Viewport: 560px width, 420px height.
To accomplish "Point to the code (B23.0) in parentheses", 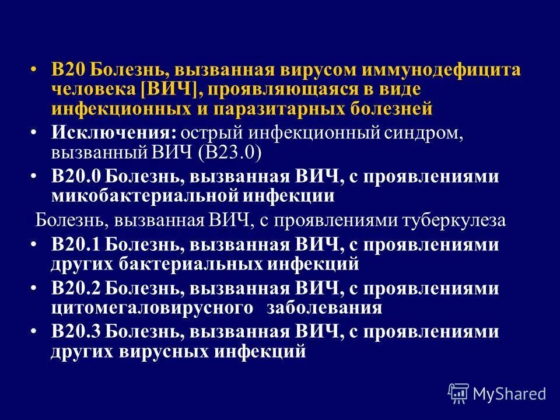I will [x=230, y=152].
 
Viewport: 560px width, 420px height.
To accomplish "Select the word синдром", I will [x=429, y=134].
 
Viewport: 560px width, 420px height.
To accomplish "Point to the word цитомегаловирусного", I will [x=152, y=307].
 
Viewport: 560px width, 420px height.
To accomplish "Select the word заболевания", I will [x=324, y=307].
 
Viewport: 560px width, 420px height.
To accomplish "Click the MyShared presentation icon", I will [x=459, y=393].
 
